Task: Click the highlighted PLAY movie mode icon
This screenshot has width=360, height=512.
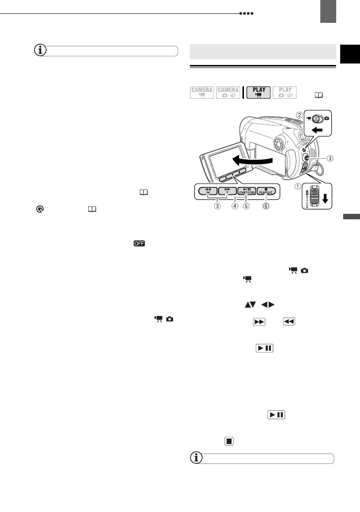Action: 259,93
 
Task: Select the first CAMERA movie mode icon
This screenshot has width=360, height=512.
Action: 202,93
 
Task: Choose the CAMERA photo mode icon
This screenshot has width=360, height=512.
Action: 228,93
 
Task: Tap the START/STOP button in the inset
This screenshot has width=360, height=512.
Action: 246,191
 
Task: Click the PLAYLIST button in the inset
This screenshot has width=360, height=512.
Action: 266,191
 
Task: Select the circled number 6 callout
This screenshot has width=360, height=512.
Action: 266,206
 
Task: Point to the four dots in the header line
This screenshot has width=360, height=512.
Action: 246,14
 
